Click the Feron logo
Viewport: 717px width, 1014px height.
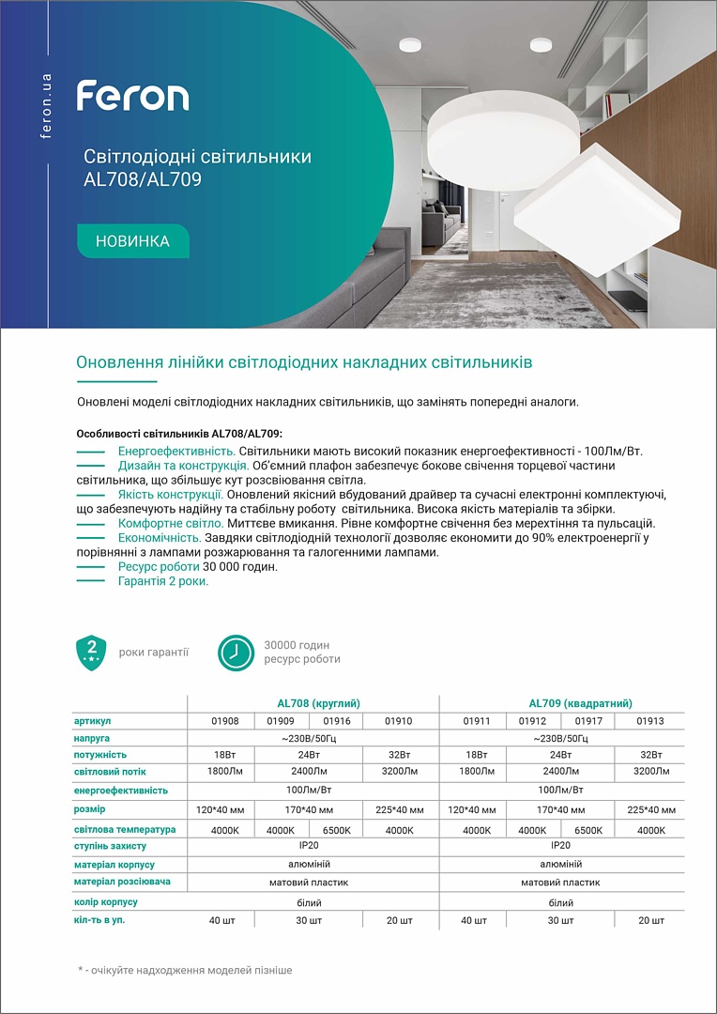click(x=132, y=97)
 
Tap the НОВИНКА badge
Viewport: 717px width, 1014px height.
click(x=132, y=241)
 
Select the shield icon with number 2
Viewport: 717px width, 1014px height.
click(x=91, y=652)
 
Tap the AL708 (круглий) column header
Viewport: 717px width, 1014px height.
click(x=319, y=703)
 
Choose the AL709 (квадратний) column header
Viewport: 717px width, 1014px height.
click(x=580, y=703)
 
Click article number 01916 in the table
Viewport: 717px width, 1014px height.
click(x=337, y=721)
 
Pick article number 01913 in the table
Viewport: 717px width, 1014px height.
click(x=649, y=721)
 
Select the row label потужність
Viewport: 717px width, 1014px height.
click(x=100, y=755)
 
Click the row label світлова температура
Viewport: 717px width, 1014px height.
click(x=125, y=830)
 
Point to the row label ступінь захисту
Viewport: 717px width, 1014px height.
click(x=110, y=846)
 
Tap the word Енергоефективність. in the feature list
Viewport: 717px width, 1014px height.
click(x=176, y=452)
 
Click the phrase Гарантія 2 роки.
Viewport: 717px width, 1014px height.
click(x=163, y=581)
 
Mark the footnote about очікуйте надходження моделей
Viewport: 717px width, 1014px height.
click(x=185, y=970)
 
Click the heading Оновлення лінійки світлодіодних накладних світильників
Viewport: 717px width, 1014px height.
click(x=304, y=361)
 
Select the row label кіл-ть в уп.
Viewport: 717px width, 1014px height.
click(x=99, y=920)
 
